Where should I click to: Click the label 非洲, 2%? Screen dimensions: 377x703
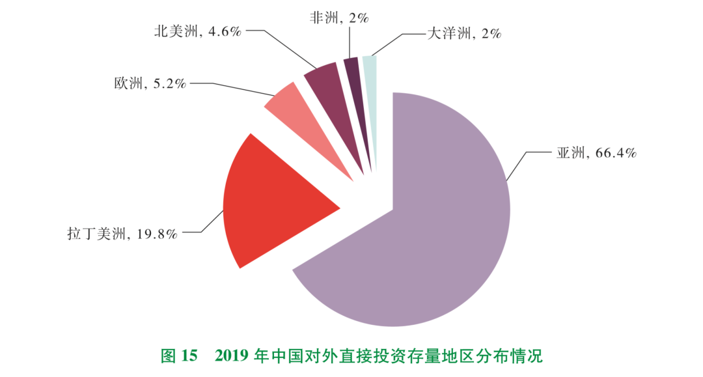(x=339, y=18)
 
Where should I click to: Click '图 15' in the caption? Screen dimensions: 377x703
(x=178, y=356)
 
